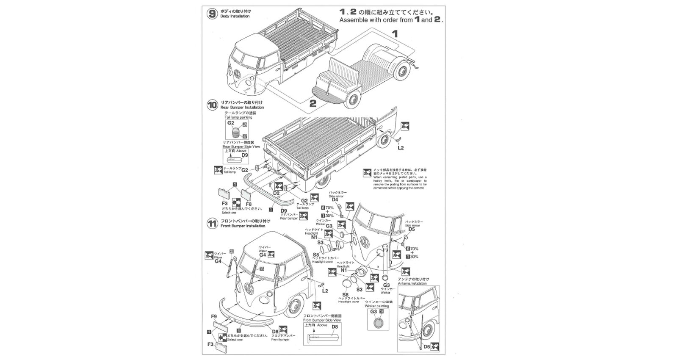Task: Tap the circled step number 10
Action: (x=212, y=105)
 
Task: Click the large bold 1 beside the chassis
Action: (x=395, y=34)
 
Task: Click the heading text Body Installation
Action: (x=235, y=17)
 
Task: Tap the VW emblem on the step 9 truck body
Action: (x=238, y=72)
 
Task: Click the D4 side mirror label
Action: (x=335, y=199)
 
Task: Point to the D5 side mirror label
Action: (x=411, y=229)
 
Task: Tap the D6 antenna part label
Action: (x=426, y=346)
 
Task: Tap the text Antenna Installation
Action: (x=413, y=283)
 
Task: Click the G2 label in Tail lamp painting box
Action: (x=230, y=123)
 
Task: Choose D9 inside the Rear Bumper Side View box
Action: (x=244, y=155)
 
